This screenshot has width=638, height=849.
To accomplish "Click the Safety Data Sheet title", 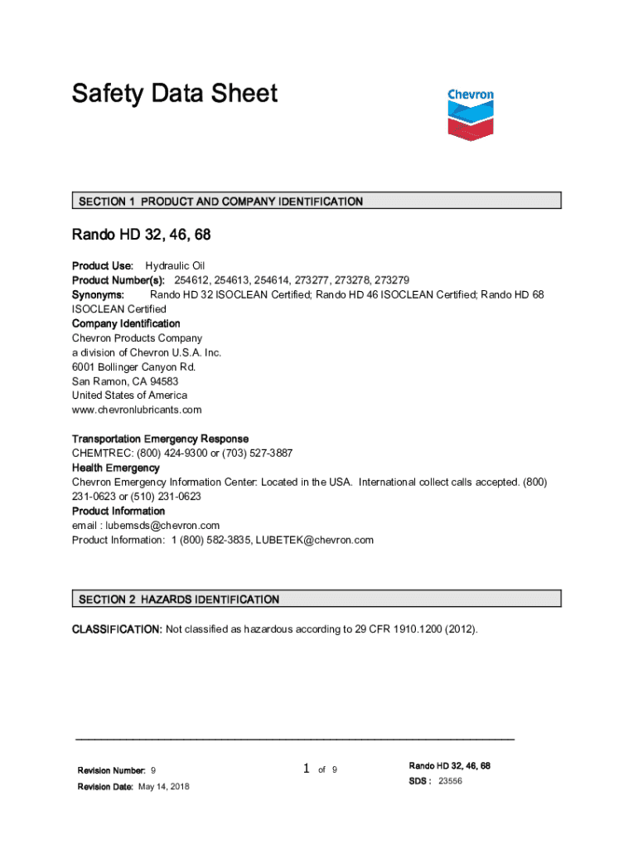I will point(174,94).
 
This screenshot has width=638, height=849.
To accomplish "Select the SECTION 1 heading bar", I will point(316,201).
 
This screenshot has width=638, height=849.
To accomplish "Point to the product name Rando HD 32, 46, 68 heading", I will point(141,235).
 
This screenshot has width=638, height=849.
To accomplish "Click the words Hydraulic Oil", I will point(175,266).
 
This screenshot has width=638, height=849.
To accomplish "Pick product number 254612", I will point(191,280).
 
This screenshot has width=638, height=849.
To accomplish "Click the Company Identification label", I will point(126,323).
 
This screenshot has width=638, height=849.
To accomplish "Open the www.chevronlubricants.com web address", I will point(137,410).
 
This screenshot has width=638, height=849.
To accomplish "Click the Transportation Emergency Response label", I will point(160,439).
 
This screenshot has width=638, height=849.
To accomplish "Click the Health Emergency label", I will point(116,468).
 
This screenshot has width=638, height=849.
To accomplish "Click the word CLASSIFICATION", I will point(117,629).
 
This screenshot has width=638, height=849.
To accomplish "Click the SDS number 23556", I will point(450,781).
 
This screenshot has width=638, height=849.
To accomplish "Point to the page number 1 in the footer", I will point(306,769).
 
